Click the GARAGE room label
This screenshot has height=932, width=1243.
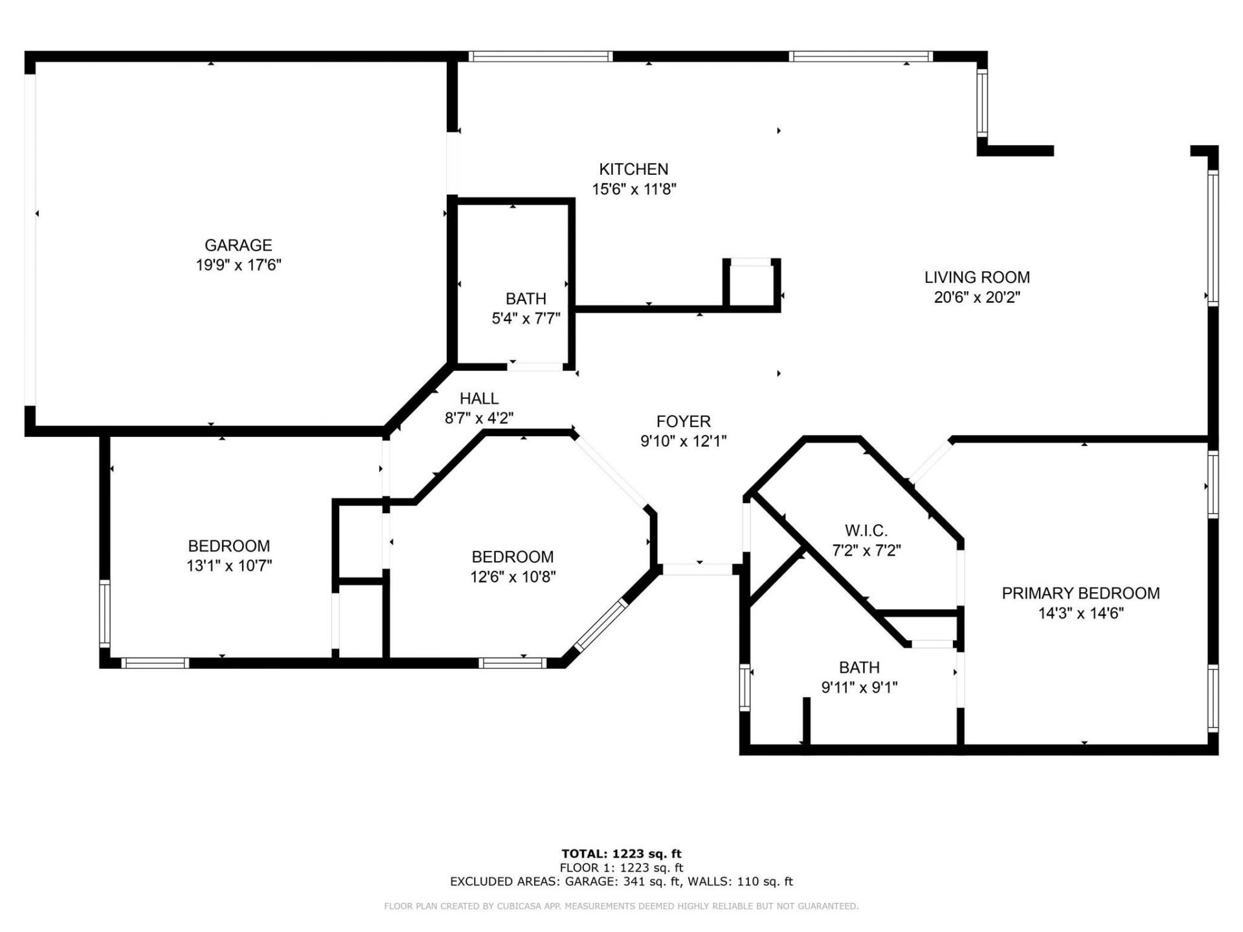tap(238, 245)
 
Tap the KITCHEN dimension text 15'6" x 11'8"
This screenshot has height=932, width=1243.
tap(634, 190)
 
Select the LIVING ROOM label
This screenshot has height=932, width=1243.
tap(976, 278)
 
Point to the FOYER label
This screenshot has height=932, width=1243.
tap(683, 421)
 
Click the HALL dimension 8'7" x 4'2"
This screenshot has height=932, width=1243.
tap(479, 419)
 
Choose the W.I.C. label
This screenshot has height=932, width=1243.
tap(866, 531)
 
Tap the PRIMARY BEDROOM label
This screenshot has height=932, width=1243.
tap(1080, 593)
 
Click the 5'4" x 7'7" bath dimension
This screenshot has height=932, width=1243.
tap(526, 318)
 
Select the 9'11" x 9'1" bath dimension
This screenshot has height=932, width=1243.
tap(859, 687)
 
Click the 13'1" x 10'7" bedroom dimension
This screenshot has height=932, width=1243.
tap(229, 566)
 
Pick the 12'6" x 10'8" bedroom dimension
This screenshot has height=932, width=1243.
tap(513, 577)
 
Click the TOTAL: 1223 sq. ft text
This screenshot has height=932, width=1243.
tap(621, 854)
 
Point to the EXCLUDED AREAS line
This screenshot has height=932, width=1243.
tap(621, 882)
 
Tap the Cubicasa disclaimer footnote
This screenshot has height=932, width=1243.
tap(621, 906)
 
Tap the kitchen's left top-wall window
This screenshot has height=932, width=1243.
tap(540, 56)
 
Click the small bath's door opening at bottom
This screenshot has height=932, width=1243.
tap(535, 367)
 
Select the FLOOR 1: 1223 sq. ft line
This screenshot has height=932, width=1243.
tap(621, 868)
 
